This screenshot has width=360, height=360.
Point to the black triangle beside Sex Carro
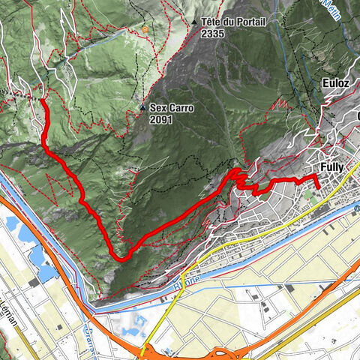142,108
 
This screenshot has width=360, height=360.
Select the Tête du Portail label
232,22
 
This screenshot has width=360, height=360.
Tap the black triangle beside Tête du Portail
194,22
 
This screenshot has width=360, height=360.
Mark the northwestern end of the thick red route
42,100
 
